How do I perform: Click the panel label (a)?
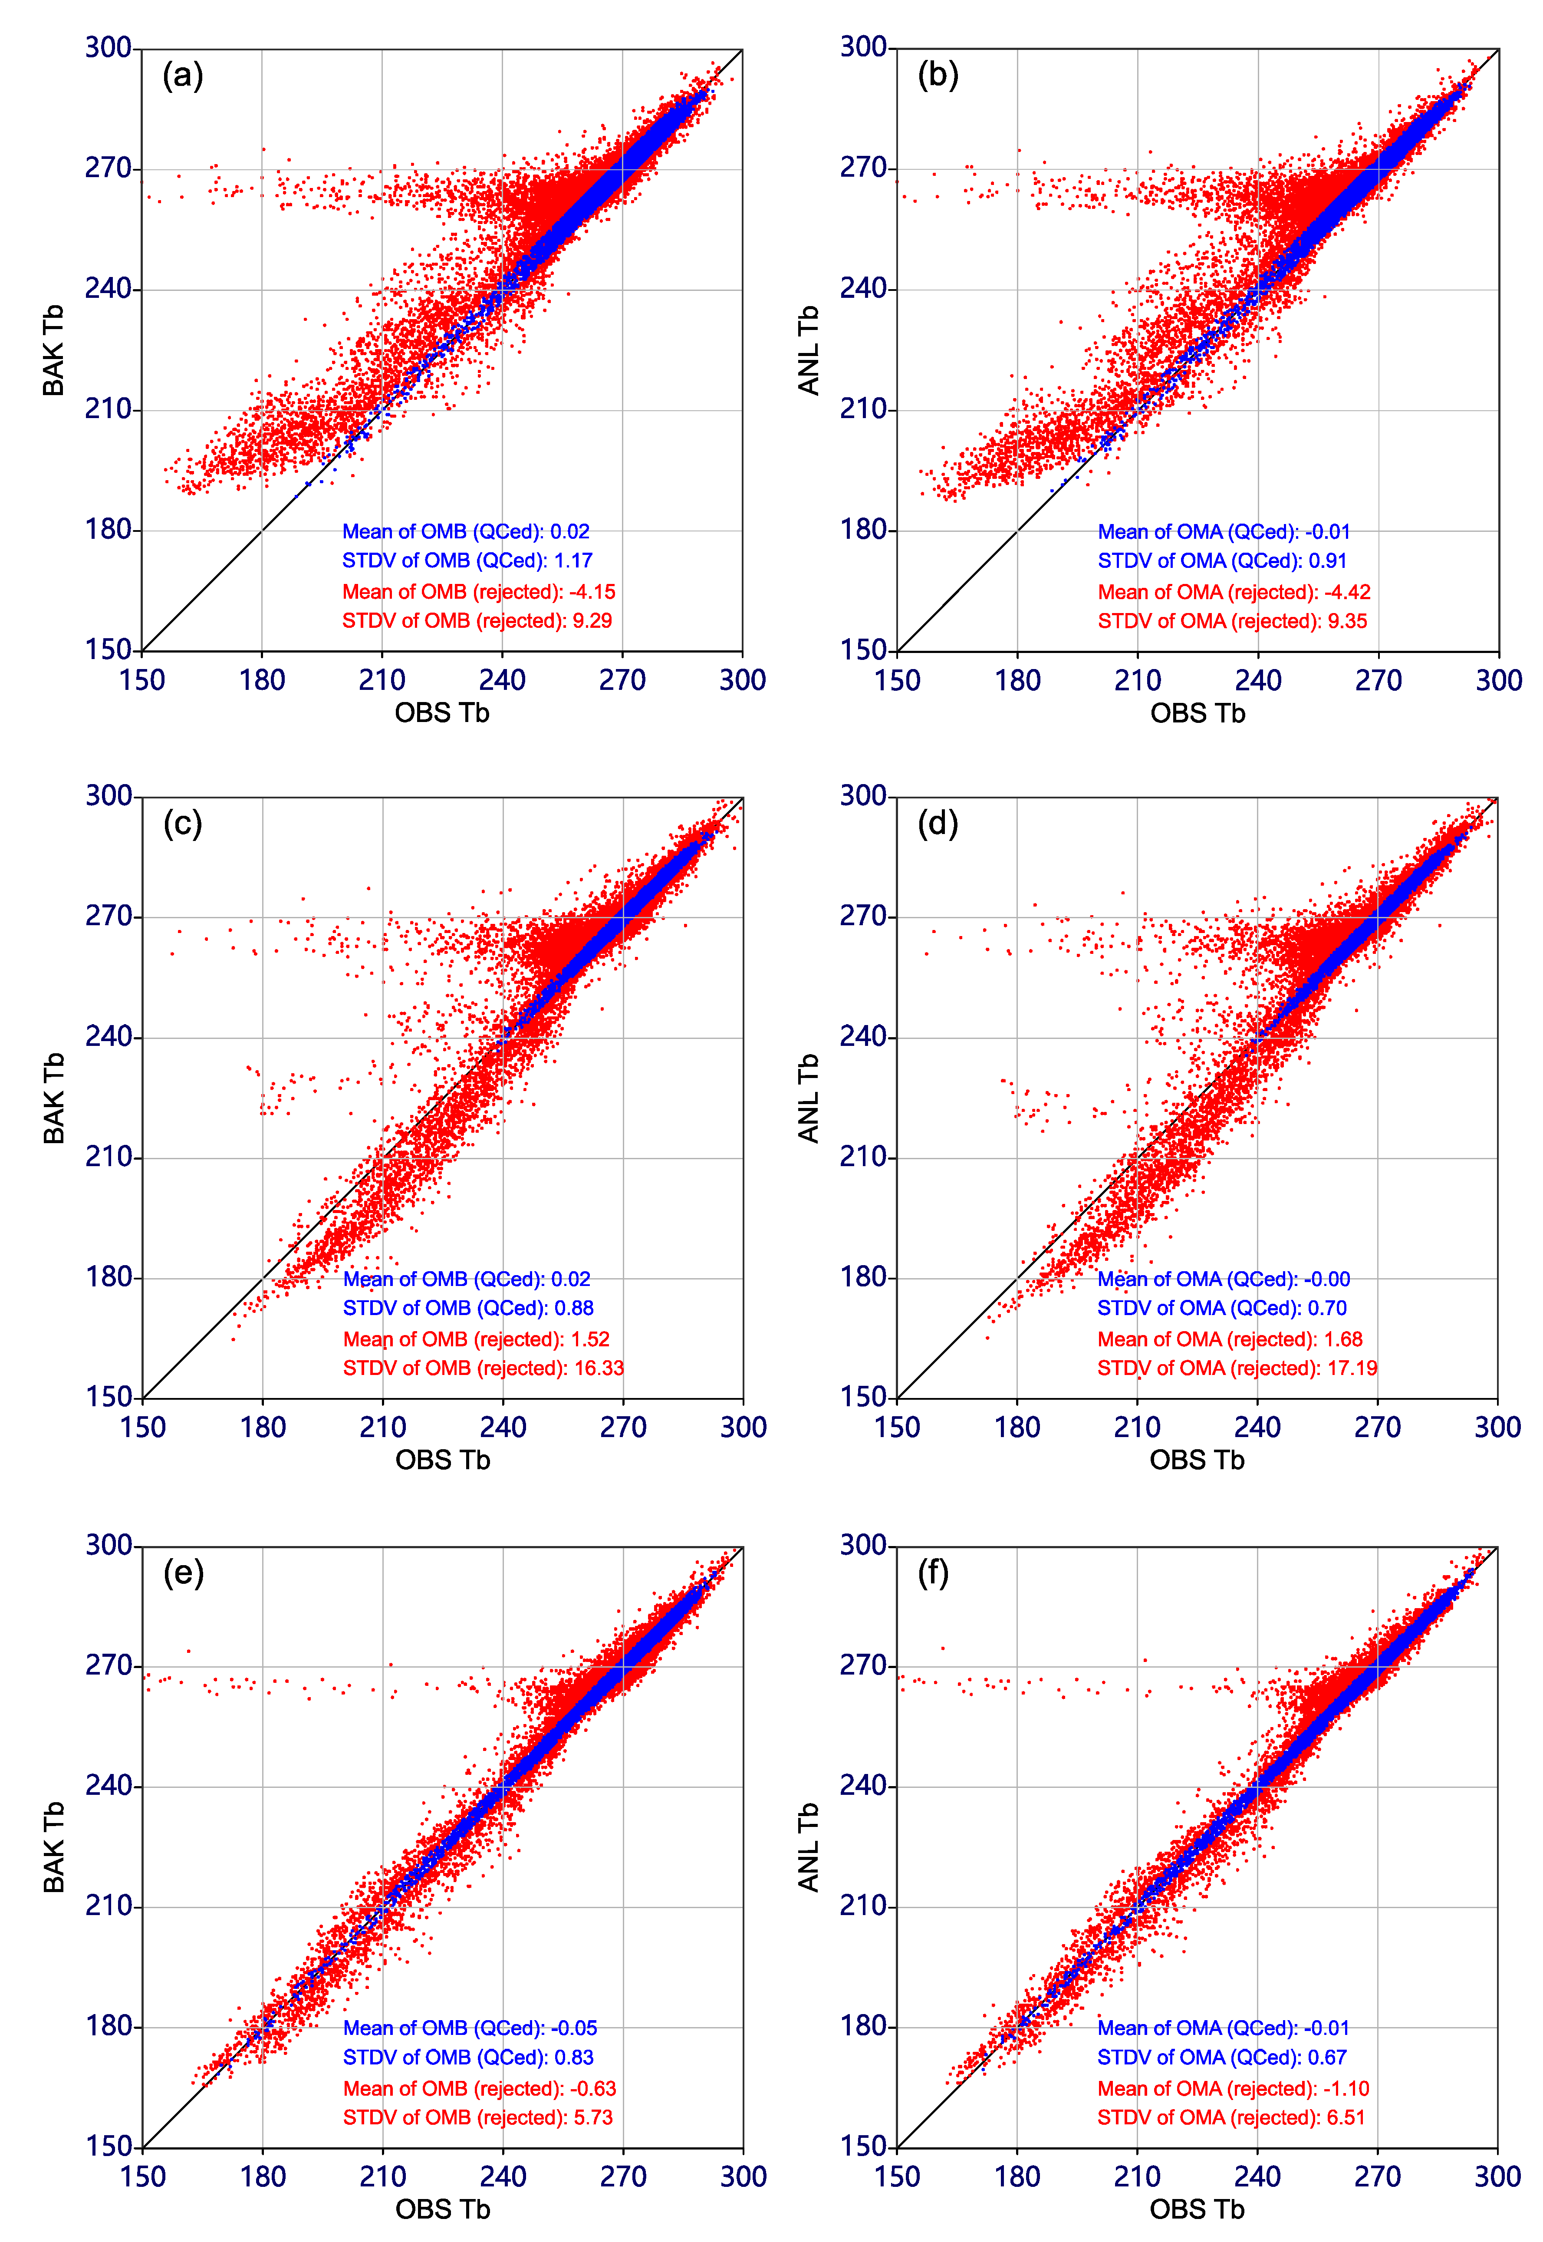point(183,76)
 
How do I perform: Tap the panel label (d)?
point(937,824)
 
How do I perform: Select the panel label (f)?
point(933,1573)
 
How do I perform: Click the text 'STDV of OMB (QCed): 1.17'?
point(467,561)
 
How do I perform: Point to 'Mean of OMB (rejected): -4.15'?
point(479,592)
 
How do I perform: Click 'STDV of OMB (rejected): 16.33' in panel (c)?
point(484,1368)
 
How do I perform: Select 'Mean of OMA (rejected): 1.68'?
point(1230,1339)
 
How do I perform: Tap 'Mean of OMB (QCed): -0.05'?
point(470,2028)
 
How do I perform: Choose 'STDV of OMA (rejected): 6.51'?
point(1231,2117)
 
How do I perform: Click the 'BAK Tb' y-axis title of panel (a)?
point(53,350)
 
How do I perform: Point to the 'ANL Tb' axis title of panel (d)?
point(808,1098)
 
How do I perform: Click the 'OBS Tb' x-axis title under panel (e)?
point(443,2209)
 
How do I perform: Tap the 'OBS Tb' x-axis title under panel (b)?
point(1198,713)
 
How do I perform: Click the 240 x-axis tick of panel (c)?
point(503,1428)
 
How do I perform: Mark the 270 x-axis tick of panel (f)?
point(1378,2176)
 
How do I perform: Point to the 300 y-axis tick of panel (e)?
point(108,1545)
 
